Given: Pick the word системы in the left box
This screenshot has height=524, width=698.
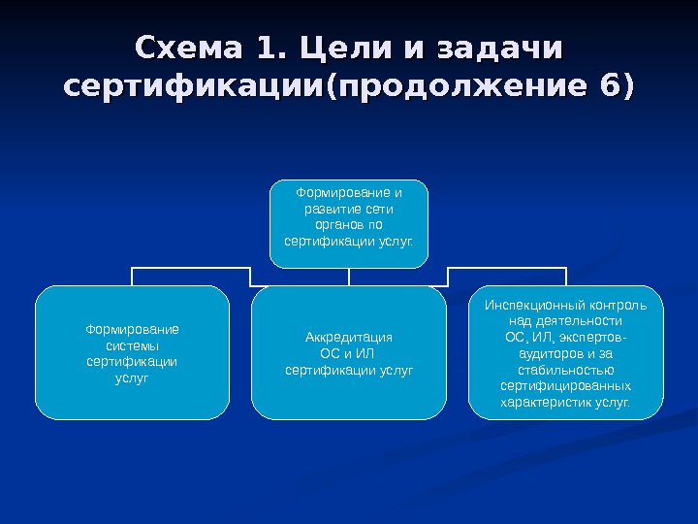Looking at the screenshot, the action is click(133, 345).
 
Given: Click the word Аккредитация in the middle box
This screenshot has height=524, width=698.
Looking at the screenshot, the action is click(349, 338).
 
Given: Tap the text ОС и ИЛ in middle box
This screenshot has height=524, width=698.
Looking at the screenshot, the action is click(349, 353).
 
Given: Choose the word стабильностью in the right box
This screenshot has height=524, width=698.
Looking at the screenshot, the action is click(566, 370).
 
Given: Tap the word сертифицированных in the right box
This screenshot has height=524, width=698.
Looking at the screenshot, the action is click(566, 385).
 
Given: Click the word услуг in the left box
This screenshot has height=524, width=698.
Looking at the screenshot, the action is click(133, 377).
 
